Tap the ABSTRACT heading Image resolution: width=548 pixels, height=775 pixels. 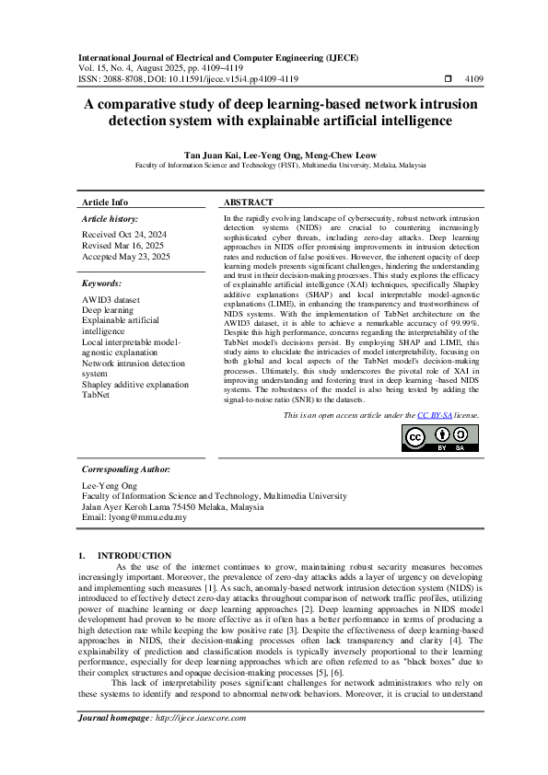pos(249,202)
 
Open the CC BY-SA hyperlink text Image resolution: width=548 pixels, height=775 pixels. pos(434,416)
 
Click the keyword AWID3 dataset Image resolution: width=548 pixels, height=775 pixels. pos(111,300)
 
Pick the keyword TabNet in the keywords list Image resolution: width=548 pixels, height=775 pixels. pos(96,396)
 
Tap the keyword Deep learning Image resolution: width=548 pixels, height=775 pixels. pos(107,311)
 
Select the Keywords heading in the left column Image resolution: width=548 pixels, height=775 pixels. pos(101,284)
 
